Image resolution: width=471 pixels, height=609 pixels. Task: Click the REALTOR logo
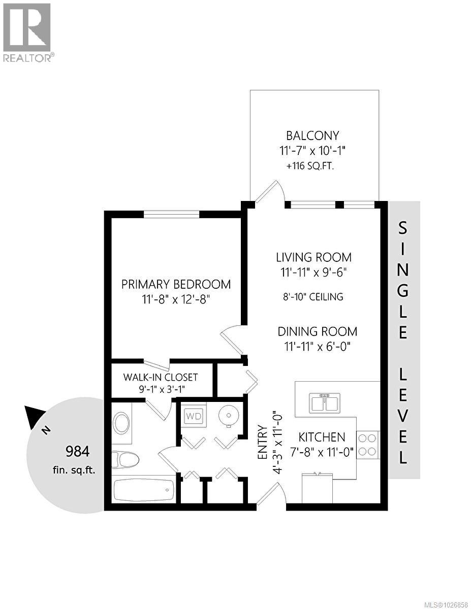point(27,31)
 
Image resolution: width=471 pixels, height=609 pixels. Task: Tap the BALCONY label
point(312,136)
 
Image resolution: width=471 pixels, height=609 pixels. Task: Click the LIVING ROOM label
point(313,257)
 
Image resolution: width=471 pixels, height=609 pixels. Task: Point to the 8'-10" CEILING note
point(313,296)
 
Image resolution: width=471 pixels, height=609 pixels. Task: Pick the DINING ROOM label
point(317,331)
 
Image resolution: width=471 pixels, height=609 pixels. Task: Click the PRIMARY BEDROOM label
point(176,284)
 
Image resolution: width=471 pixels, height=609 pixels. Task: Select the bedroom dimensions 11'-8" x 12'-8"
point(176,300)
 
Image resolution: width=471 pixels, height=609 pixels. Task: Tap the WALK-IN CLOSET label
point(161,378)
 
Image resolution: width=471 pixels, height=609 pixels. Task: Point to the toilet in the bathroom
point(124,460)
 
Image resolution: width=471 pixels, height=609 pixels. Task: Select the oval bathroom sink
point(121,423)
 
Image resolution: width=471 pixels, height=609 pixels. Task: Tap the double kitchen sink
point(325,403)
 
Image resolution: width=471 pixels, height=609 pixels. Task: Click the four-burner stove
point(368,444)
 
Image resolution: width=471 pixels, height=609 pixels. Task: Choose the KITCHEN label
point(322,437)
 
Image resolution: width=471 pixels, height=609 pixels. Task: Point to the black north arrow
point(34,416)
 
